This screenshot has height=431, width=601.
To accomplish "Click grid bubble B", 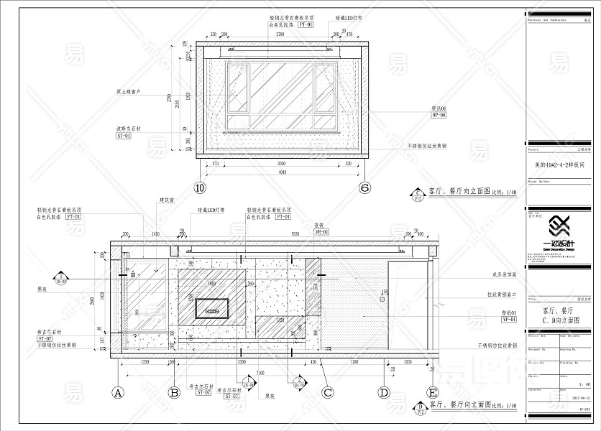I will click(173, 393).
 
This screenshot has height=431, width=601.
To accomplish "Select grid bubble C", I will click(328, 393).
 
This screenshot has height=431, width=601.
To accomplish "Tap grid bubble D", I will click(385, 393).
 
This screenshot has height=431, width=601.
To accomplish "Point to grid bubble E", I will click(432, 393).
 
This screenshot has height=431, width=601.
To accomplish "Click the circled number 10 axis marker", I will click(201, 188).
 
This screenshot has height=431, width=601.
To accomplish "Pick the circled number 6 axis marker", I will click(365, 188).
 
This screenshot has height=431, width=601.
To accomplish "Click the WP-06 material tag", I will click(439, 115).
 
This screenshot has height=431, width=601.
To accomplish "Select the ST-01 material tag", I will click(124, 134).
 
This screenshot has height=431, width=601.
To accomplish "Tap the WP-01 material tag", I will click(509, 319).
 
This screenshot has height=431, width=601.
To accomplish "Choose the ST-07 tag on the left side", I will click(45, 338).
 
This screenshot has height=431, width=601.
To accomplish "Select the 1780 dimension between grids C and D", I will click(354, 363).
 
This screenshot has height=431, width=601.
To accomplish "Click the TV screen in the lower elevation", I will click(212, 309).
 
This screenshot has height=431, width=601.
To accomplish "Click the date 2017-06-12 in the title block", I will click(579, 397).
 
